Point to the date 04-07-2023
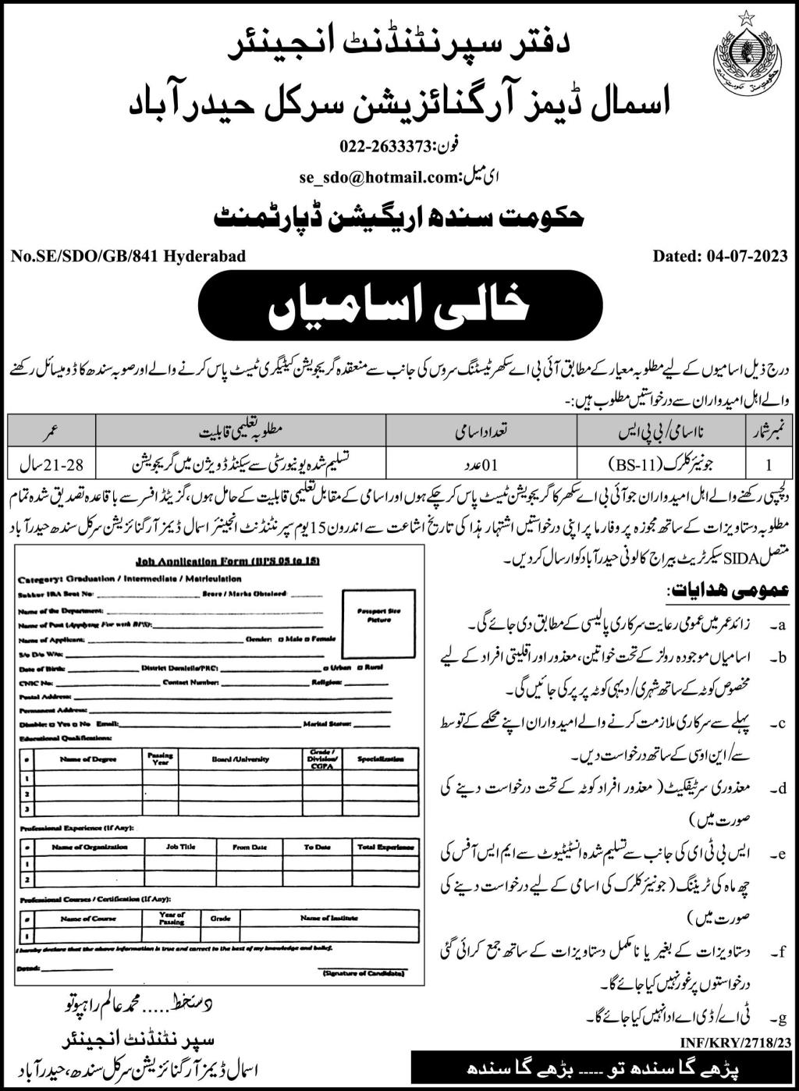(x=749, y=255)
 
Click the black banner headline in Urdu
(x=399, y=305)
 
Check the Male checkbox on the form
(x=281, y=638)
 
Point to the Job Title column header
(x=180, y=847)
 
